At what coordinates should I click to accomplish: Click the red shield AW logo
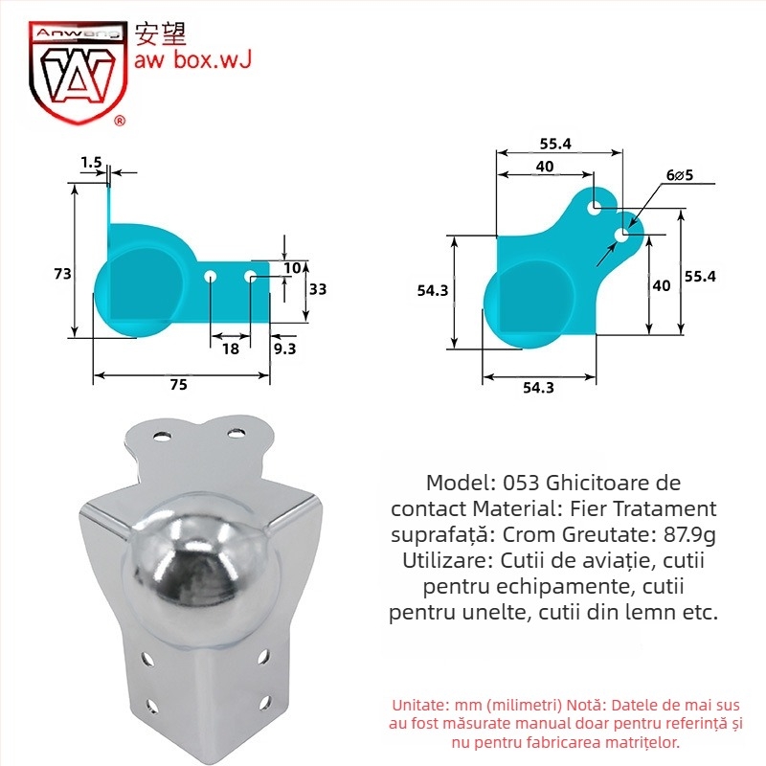click(x=75, y=72)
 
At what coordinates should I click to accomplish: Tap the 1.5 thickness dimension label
click(x=91, y=163)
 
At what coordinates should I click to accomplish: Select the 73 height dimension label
click(x=62, y=274)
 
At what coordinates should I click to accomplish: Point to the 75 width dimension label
click(x=178, y=384)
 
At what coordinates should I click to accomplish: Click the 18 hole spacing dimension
click(x=231, y=349)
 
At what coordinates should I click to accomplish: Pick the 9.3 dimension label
click(x=284, y=349)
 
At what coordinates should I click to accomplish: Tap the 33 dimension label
click(x=319, y=289)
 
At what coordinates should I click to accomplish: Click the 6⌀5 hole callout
click(x=680, y=175)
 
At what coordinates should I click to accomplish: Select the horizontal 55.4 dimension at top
click(x=555, y=144)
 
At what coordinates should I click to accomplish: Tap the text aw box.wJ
click(x=193, y=61)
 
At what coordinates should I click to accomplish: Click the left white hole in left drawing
click(x=211, y=276)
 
